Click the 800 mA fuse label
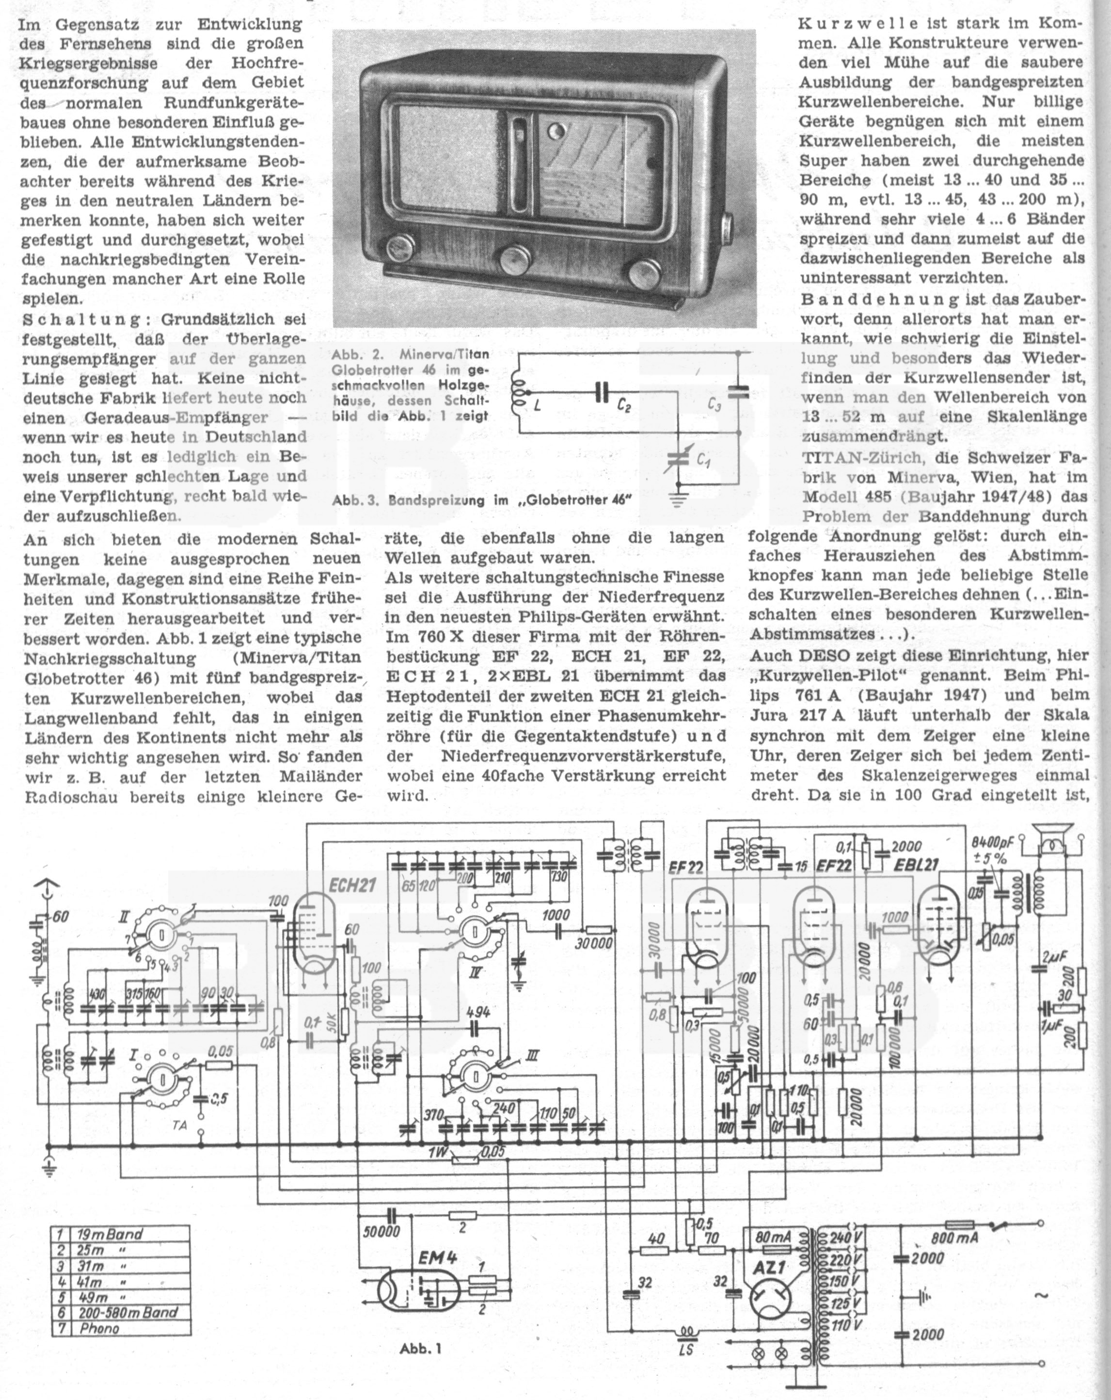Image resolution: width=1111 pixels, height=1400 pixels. pos(950,1239)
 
